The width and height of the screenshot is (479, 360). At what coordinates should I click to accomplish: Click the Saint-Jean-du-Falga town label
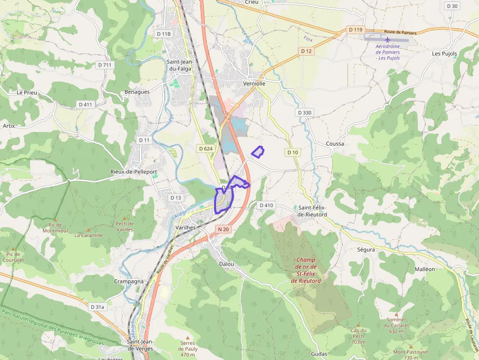click(180, 65)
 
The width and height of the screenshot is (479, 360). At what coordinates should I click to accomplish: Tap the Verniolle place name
click(254, 84)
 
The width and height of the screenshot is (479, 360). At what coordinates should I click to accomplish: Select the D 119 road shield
click(356, 30)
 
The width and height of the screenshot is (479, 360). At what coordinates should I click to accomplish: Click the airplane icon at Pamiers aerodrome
click(388, 39)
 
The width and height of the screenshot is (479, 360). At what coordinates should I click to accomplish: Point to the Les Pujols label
click(444, 53)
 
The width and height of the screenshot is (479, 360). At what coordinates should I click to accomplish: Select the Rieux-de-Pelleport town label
click(134, 172)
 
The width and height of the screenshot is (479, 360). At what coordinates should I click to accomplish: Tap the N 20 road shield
click(223, 229)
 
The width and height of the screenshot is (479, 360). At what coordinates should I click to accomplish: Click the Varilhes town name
click(186, 228)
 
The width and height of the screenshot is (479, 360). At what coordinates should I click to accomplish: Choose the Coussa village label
click(335, 144)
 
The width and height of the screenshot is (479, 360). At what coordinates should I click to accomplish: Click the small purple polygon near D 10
click(258, 152)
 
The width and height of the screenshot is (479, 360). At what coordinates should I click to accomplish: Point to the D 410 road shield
click(266, 205)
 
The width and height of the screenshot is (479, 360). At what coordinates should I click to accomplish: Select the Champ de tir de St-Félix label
click(305, 271)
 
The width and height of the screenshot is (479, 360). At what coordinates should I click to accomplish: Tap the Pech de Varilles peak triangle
click(125, 218)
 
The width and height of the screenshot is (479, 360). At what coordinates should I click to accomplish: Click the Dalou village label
click(226, 264)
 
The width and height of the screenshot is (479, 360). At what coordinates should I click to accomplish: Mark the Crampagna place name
click(129, 281)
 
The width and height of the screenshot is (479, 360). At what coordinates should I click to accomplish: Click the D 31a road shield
click(98, 307)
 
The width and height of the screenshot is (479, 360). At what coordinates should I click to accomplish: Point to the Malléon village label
click(424, 269)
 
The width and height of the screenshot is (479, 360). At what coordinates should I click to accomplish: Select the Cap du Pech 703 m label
click(358, 336)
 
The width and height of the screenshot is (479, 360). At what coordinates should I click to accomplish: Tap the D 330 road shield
click(304, 112)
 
